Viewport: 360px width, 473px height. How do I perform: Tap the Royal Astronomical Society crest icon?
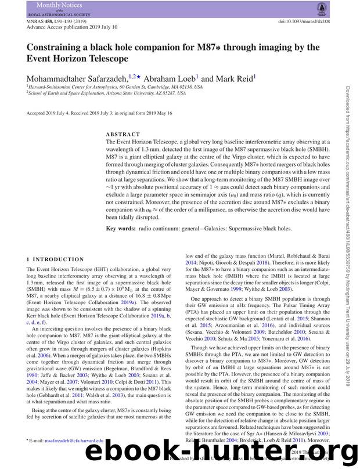(321, 8)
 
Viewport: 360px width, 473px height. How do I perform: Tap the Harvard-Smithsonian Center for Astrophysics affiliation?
(116, 87)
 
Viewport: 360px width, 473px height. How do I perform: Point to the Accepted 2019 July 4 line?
(99, 113)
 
